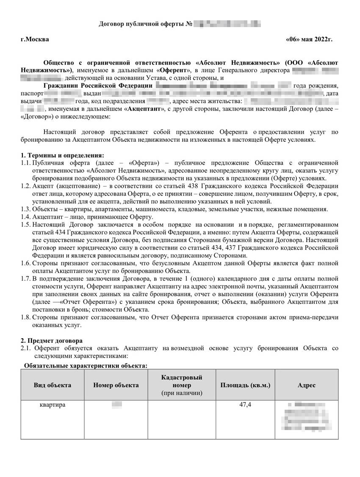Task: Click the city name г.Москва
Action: (35, 39)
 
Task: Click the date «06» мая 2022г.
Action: (310, 39)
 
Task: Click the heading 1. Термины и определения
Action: (62, 155)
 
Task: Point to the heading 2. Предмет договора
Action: (52, 340)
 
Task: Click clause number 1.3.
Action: (25, 209)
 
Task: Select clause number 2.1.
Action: (26, 348)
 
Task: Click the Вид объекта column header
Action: (53, 385)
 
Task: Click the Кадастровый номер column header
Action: (182, 385)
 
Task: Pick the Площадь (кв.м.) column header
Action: (245, 385)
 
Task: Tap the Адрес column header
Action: (306, 385)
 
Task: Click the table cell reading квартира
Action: (53, 405)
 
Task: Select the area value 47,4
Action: (245, 405)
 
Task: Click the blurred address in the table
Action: (307, 417)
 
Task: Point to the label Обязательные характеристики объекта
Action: (86, 365)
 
